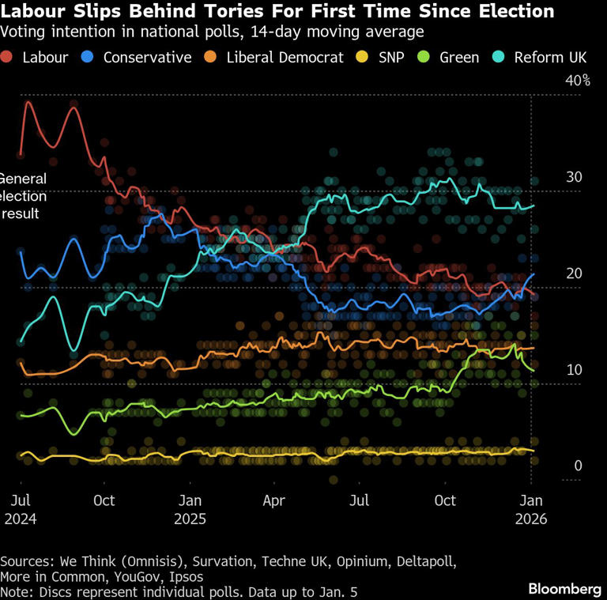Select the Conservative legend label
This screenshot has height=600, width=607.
tap(147, 57)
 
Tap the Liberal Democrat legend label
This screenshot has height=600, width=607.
tap(285, 57)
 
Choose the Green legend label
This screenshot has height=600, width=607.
tap(459, 57)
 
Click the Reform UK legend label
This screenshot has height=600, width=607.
tap(551, 57)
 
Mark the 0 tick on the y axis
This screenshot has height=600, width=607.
tap(578, 466)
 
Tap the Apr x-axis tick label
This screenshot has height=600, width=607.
tap(273, 500)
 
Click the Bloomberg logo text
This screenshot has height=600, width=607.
tap(564, 589)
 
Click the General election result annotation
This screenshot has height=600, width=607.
tap(24, 196)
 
